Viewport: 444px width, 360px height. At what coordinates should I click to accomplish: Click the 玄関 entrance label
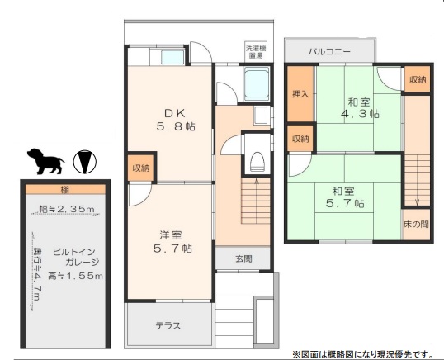coord(243,258)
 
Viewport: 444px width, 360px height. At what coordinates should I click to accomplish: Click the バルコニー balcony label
coord(329,51)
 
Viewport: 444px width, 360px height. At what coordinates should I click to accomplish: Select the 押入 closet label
coord(300,94)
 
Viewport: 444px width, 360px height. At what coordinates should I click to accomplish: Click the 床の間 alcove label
coord(416,223)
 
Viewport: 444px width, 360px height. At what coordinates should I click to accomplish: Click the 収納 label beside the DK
coord(140,168)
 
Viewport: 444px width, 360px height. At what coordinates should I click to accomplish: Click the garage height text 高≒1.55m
coord(75,274)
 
